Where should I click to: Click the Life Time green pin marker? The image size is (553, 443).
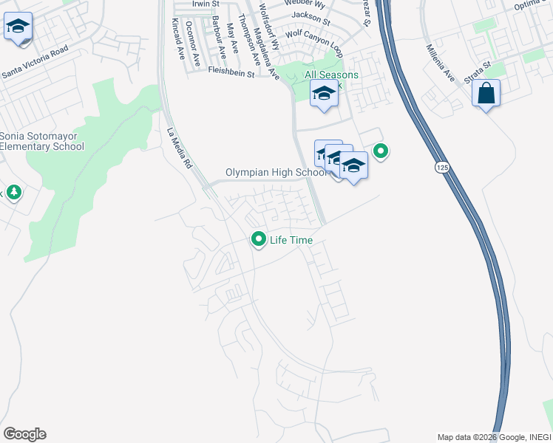point(259,239)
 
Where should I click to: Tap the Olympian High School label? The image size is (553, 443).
point(275,173)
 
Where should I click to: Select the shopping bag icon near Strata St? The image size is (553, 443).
point(486,94)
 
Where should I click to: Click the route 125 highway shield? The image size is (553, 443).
point(441,168)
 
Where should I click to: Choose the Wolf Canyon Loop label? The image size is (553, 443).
point(314,43)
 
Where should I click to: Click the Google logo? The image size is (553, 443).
point(24,433)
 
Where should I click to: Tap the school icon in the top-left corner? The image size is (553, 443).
point(17,27)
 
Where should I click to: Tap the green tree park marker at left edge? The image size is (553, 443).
point(13,193)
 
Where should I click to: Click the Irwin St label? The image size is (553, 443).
point(206,4)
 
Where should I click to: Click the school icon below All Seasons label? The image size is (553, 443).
point(323,94)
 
